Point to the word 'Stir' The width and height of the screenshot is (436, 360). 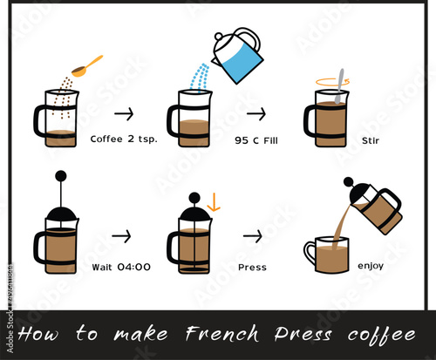371,139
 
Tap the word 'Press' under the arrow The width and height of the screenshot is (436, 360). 252,267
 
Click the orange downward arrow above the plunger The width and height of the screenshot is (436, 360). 214,202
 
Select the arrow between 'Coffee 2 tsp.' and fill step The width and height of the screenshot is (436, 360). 124,113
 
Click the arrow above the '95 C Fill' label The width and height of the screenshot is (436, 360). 255,113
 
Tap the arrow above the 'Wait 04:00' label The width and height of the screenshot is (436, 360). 121,235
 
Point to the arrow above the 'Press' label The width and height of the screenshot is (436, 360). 252,235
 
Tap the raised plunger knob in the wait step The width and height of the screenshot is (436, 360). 59,177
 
